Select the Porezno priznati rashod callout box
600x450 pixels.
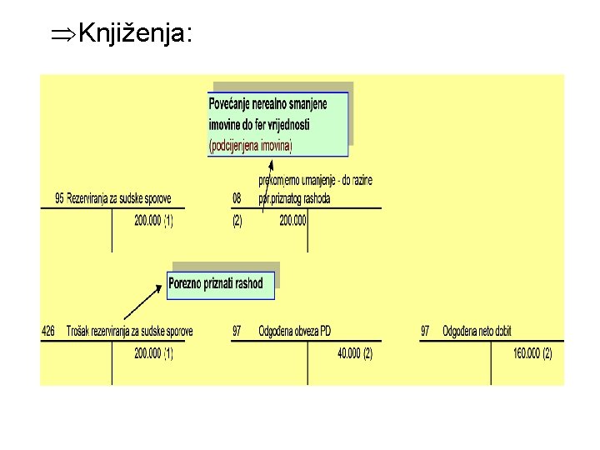pyautogui.click(x=220, y=283)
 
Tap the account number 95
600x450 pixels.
pyautogui.click(x=59, y=198)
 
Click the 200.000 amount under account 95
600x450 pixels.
pyautogui.click(x=150, y=221)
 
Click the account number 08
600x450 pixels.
pyautogui.click(x=237, y=198)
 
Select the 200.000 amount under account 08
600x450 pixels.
pyautogui.click(x=292, y=221)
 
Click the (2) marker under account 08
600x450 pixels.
pyautogui.click(x=237, y=221)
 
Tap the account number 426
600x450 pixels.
pyautogui.click(x=48, y=332)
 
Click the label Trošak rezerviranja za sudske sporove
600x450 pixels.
pyautogui.click(x=129, y=332)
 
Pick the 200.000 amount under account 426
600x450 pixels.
pyautogui.click(x=150, y=353)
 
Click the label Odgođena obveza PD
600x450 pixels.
pyautogui.click(x=294, y=332)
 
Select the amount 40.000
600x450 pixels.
pyautogui.click(x=349, y=353)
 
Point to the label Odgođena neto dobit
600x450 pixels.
pyautogui.click(x=477, y=332)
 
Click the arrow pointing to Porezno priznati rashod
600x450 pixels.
pyautogui.click(x=142, y=302)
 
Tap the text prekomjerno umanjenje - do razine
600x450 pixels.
pyautogui.click(x=315, y=181)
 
